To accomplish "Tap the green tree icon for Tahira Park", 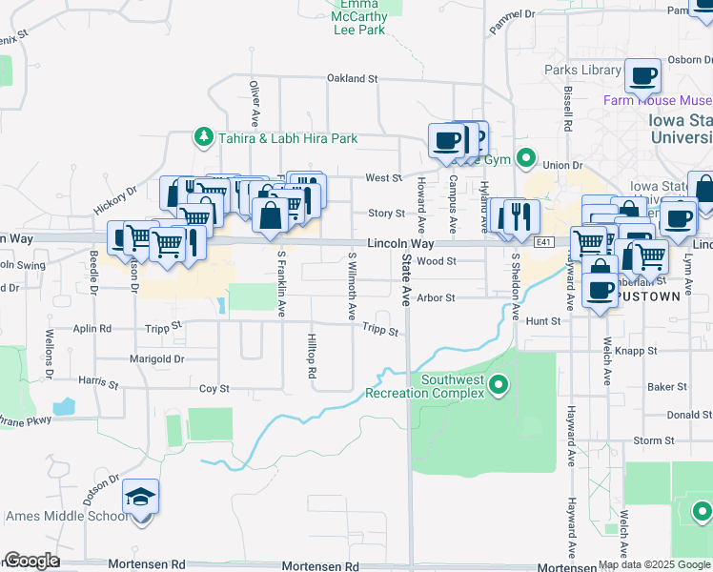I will pyautogui.click(x=203, y=138).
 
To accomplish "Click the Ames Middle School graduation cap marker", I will pyautogui.click(x=141, y=498).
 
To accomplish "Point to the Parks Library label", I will pyautogui.click(x=582, y=71).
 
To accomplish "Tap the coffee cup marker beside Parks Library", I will pyautogui.click(x=642, y=75).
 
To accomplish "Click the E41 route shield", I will pyautogui.click(x=544, y=243).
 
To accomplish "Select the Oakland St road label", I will pyautogui.click(x=353, y=78).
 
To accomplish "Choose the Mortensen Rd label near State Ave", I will pyautogui.click(x=325, y=566).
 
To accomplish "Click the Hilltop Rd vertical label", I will pyautogui.click(x=312, y=357).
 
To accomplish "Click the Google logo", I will pyautogui.click(x=31, y=561).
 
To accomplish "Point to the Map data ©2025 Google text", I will pyautogui.click(x=654, y=564).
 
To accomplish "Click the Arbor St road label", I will pyautogui.click(x=436, y=297).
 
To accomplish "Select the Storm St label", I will pyautogui.click(x=647, y=440).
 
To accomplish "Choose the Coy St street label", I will pyautogui.click(x=214, y=388).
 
